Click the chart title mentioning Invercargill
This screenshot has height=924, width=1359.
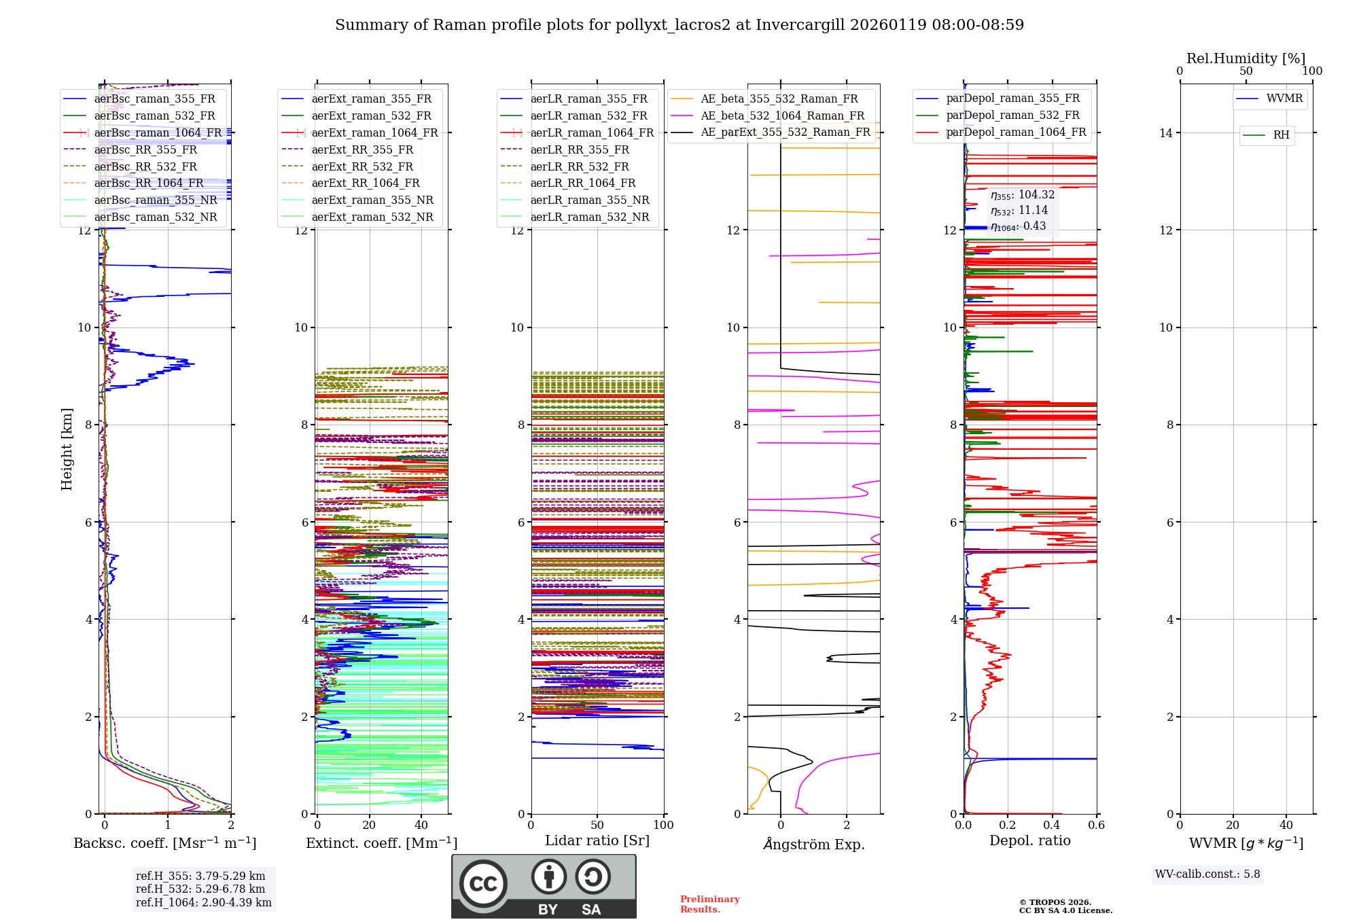[x=679, y=25]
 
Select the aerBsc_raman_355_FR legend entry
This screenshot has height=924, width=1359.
[x=154, y=99]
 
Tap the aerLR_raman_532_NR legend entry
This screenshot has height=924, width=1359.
[x=589, y=217]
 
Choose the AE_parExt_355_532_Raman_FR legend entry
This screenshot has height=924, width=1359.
[x=785, y=132]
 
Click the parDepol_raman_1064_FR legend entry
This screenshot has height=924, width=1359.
[x=1015, y=132]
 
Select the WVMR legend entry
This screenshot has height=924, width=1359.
[x=1284, y=99]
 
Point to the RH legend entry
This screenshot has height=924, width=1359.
[x=1280, y=135]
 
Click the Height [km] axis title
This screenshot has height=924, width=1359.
[x=67, y=449]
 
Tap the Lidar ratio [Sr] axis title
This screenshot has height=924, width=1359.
[x=597, y=841]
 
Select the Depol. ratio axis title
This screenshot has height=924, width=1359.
[x=1029, y=841]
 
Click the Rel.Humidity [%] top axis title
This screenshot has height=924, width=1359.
[x=1246, y=58]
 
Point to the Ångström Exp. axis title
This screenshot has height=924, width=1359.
[x=813, y=845]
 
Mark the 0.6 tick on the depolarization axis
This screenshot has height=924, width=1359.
[x=1096, y=825]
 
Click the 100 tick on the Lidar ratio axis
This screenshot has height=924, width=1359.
[x=663, y=825]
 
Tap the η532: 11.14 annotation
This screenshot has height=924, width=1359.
[x=1019, y=211]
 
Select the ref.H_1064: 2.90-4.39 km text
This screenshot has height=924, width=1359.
[x=203, y=903]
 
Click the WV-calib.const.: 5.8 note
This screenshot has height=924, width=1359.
[x=1207, y=874]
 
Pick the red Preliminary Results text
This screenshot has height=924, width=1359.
[x=709, y=904]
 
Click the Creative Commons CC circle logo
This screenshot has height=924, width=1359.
[x=483, y=884]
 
